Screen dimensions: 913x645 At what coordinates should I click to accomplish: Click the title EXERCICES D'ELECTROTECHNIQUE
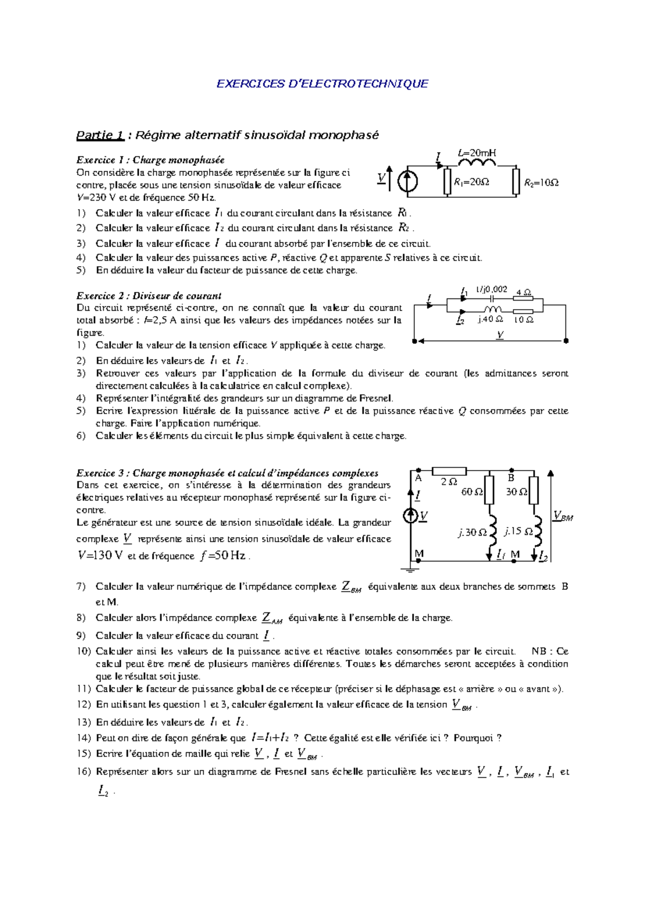[322, 84]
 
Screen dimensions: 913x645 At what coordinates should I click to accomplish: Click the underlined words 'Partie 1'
[101, 135]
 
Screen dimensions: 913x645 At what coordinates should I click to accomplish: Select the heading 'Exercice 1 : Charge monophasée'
[150, 160]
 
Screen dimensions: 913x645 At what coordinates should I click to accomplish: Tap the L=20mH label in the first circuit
[477, 153]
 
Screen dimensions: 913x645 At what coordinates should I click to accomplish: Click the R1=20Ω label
[471, 182]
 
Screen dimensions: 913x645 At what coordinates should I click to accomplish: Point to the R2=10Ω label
[541, 183]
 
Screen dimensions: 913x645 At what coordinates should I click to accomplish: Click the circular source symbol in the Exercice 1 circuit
[407, 181]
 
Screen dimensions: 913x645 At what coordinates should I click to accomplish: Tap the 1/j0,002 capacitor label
[491, 289]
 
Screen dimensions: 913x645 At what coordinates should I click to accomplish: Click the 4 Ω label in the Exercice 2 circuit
[524, 293]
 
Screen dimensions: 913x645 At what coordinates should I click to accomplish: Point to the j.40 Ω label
[490, 319]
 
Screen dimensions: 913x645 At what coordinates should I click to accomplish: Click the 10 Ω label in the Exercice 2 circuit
[524, 320]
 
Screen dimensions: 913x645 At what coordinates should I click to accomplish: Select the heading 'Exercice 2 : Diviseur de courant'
[149, 296]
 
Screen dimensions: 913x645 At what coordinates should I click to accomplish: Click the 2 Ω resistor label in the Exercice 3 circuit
[449, 482]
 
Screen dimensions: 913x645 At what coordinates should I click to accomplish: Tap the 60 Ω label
[472, 492]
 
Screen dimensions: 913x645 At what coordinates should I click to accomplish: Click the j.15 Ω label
[519, 531]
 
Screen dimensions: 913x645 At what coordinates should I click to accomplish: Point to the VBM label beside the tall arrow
[563, 517]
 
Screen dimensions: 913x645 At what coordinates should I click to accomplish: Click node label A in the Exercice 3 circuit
[419, 478]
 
